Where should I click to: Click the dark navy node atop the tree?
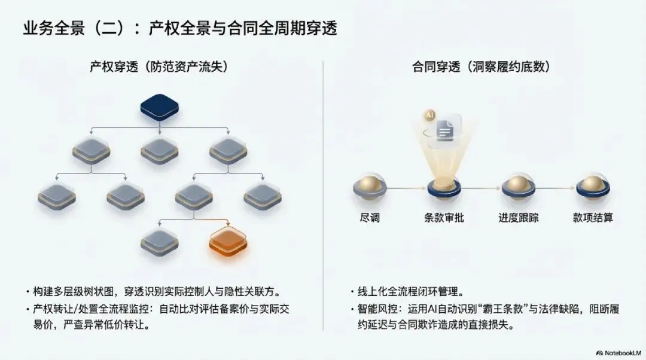159,106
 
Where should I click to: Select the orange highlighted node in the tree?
228,240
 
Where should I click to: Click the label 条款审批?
443,218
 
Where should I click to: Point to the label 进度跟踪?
518,218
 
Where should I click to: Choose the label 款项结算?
592,218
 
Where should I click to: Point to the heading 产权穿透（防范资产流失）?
159,67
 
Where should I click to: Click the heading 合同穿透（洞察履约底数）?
481,67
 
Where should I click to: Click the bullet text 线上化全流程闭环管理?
410,292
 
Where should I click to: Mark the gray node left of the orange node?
159,240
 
